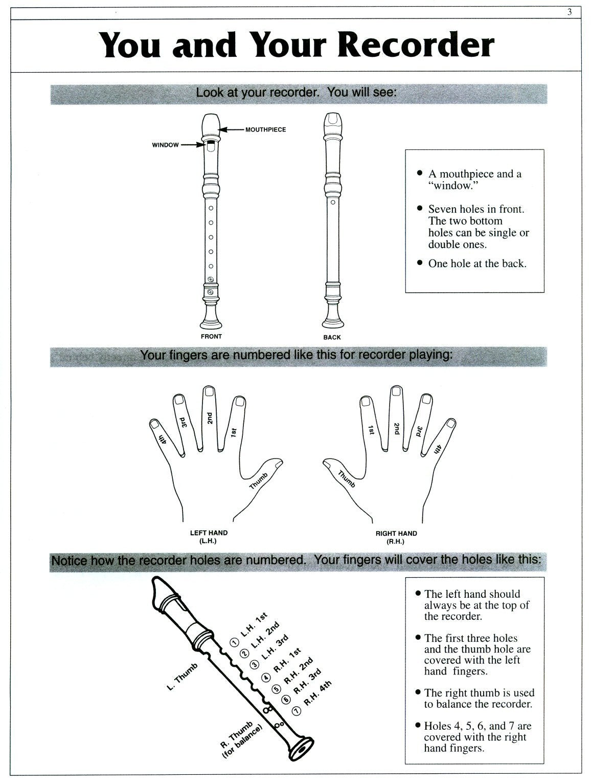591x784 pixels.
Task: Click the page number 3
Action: [x=570, y=12]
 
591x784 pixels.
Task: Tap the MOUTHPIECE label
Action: [x=265, y=129]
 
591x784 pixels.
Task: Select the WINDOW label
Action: [x=165, y=145]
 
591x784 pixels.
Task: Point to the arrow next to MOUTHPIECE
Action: [x=234, y=129]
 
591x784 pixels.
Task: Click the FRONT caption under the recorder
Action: [x=211, y=336]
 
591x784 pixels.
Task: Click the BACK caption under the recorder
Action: [x=332, y=337]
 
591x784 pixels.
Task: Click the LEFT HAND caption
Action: [x=209, y=533]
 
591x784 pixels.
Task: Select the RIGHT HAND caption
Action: [x=396, y=533]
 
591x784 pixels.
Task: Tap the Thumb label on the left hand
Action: [x=259, y=481]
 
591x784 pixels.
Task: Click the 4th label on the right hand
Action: [x=437, y=448]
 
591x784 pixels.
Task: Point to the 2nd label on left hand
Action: [x=209, y=418]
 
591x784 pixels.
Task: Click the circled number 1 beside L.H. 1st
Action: [x=234, y=642]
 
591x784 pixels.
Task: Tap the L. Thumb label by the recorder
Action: [x=183, y=677]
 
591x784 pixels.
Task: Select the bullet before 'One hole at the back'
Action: [x=420, y=264]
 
